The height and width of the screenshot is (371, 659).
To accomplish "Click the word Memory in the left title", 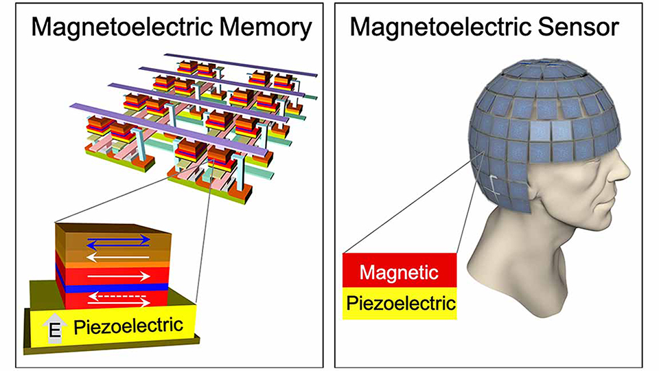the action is (x=266, y=28).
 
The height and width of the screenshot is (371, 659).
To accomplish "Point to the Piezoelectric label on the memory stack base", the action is (x=128, y=326).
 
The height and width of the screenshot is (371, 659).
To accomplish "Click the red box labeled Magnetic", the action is (x=400, y=271).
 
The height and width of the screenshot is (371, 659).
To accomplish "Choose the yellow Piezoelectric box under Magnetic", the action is (x=400, y=303).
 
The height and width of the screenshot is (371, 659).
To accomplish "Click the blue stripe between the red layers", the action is (x=113, y=288).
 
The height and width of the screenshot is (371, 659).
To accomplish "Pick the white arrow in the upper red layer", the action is (x=119, y=276).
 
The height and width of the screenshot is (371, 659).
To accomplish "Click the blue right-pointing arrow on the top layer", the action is (x=119, y=239).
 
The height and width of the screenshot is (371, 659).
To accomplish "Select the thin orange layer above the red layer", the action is (x=113, y=265).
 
